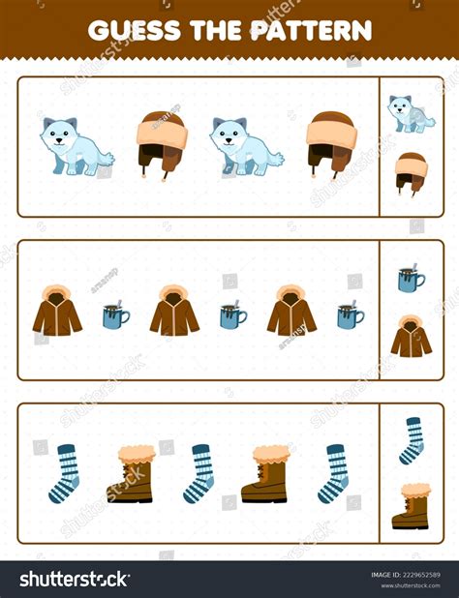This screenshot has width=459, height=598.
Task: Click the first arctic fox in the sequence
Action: point(75,146)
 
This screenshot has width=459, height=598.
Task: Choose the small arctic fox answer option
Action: point(411,113)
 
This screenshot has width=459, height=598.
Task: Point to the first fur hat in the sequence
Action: point(160,143)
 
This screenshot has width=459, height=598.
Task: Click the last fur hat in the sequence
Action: point(330,143)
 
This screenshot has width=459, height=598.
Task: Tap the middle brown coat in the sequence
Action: point(174,310)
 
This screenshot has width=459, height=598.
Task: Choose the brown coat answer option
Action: point(412,337)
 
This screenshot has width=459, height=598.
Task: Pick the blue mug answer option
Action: point(411,279)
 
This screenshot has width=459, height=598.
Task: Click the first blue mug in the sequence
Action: point(116,315)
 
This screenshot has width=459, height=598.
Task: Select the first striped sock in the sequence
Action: point(65,473)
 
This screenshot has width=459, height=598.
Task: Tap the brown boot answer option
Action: point(412,506)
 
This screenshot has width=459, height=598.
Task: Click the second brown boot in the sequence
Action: point(264,473)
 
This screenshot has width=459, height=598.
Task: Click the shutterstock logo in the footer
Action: point(76,580)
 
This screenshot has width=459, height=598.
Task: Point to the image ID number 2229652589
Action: point(404,575)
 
